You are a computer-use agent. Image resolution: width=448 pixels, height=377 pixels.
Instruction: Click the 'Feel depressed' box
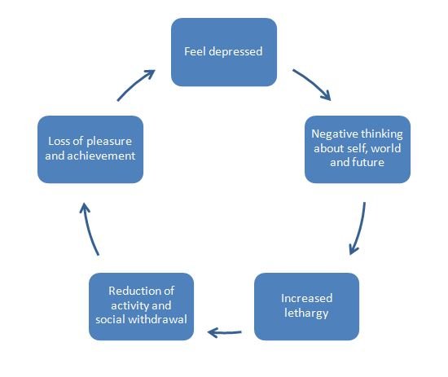coord(224,52)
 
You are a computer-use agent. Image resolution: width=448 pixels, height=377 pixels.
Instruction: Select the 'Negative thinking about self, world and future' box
coord(358,149)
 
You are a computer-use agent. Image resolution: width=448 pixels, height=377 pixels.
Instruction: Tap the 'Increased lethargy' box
coord(306,306)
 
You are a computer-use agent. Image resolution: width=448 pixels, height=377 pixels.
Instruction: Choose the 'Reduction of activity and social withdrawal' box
coord(141,306)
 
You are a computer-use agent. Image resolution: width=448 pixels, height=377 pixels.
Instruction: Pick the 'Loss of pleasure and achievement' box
coord(90,149)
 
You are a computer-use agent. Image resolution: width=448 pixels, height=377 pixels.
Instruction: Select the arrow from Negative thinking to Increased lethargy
coord(360,229)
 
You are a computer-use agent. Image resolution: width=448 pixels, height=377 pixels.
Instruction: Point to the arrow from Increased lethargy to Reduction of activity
coord(225,332)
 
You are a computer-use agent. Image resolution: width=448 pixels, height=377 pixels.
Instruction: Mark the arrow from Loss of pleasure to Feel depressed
coord(134,84)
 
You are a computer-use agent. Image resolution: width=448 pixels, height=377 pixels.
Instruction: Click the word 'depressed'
coord(235,51)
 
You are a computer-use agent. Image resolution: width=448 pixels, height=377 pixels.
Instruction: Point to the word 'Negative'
coord(334,134)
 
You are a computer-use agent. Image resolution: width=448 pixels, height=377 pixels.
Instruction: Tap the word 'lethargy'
coord(306,313)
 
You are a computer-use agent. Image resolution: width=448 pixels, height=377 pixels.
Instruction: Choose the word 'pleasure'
coord(109,142)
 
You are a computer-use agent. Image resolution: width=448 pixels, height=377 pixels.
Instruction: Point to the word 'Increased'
coord(306,298)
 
